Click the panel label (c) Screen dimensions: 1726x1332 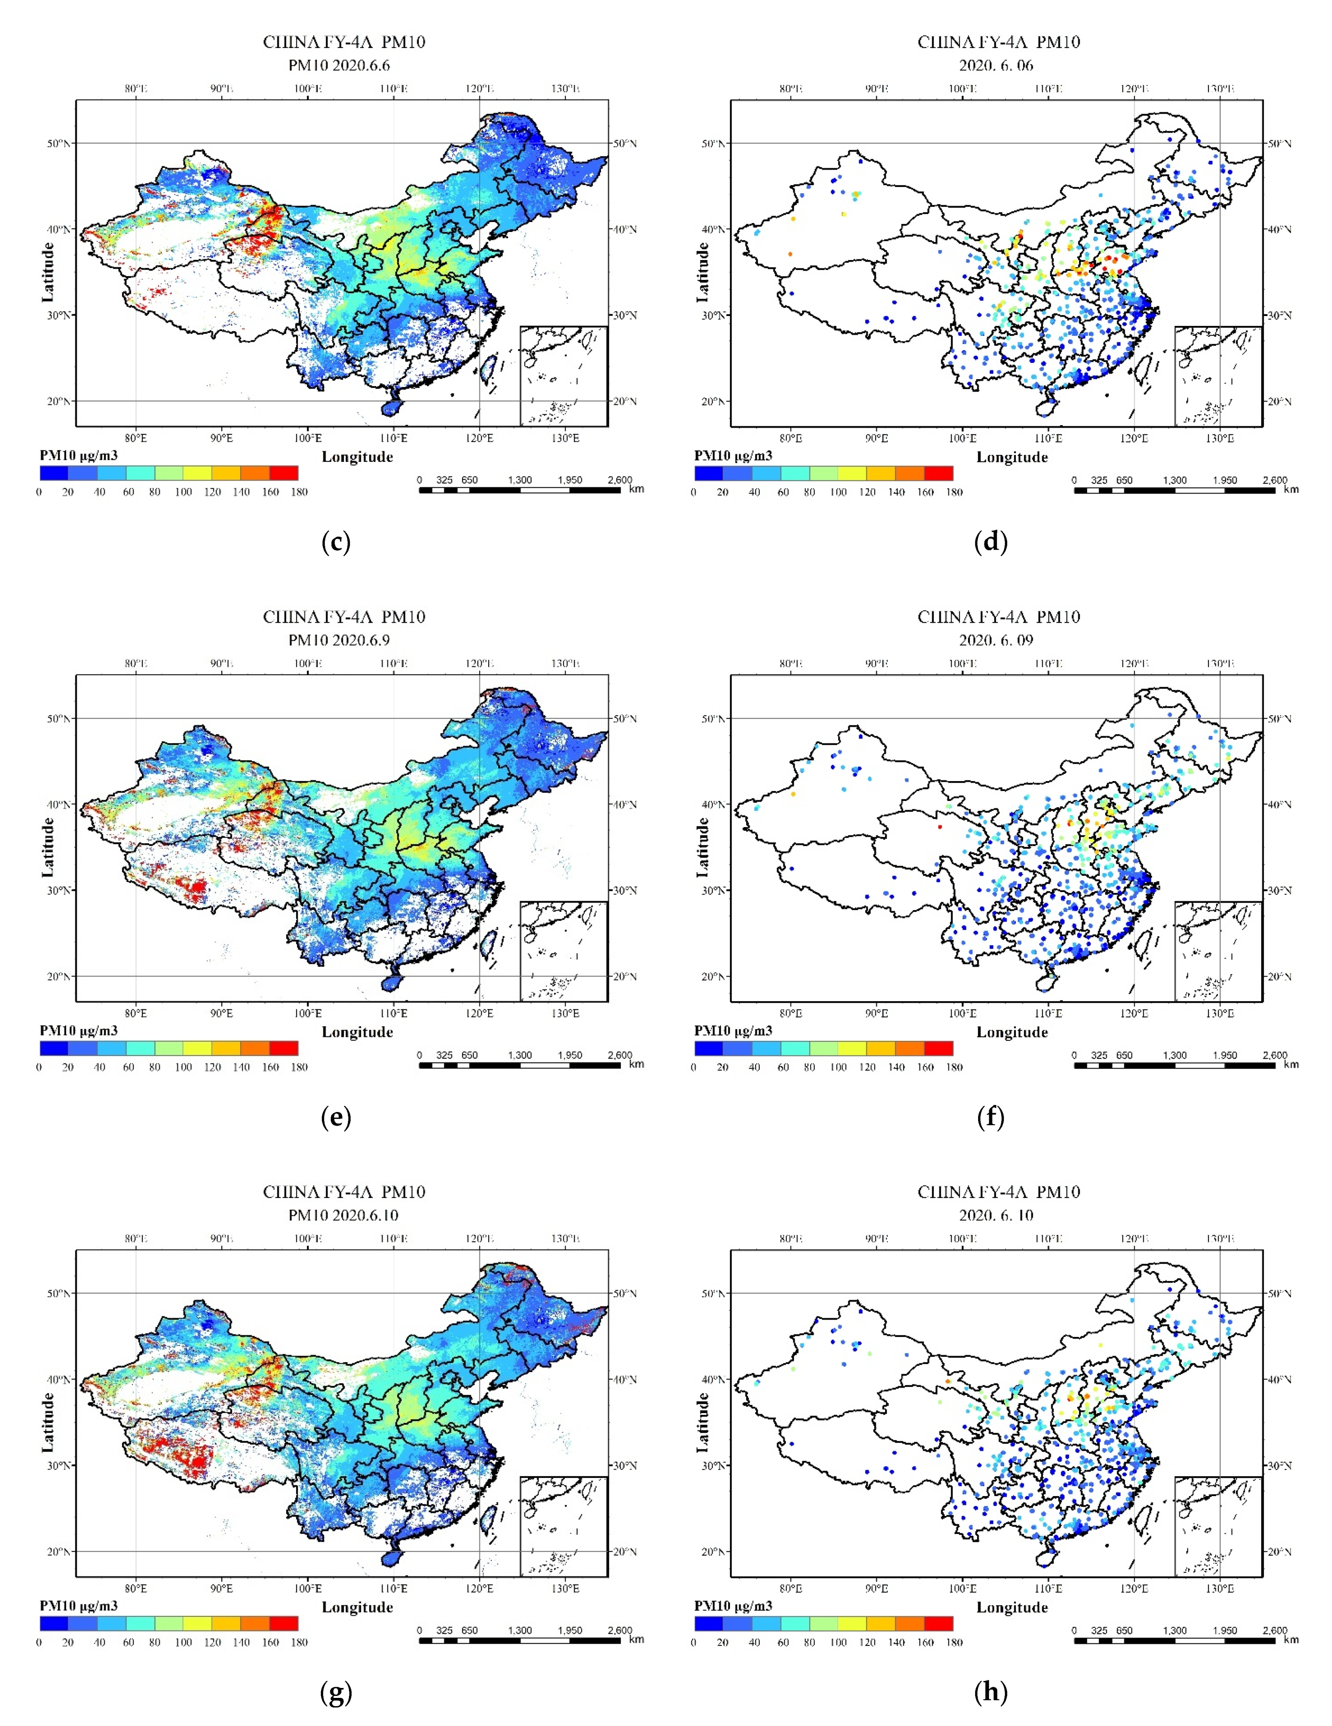[336, 542]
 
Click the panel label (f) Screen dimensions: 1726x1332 [990, 1117]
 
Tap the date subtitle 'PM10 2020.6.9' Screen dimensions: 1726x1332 [339, 640]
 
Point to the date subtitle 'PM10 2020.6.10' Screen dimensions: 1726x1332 [343, 1215]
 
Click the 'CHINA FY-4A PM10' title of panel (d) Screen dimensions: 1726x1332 [998, 42]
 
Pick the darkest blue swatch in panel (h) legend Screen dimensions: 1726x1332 [709, 1623]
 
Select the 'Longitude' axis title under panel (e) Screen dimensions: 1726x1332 [357, 1032]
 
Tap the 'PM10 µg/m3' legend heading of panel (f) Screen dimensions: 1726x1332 [733, 1030]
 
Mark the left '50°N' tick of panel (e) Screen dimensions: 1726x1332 [58, 718]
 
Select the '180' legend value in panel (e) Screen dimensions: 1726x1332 [298, 1067]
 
